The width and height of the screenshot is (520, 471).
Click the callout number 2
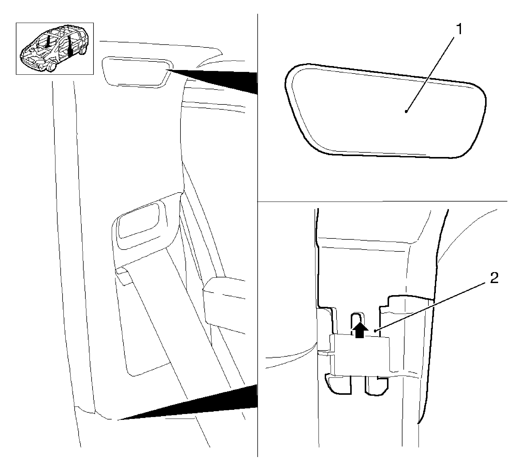(494, 278)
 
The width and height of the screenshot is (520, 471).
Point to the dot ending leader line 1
(406, 112)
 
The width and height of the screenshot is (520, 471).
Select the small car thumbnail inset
(55, 48)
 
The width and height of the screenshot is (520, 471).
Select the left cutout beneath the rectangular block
(338, 384)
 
